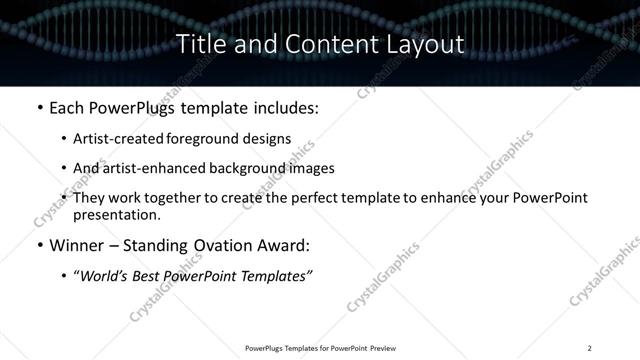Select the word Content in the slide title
click(326, 44)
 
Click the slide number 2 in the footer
click(590, 347)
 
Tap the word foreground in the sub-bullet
click(215, 140)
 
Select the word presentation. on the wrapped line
click(116, 214)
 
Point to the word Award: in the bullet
click(284, 245)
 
